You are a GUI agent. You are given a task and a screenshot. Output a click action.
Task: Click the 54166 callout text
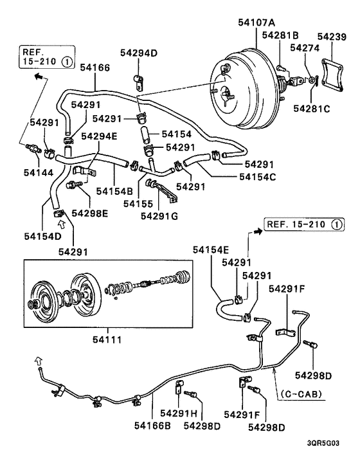[x=94, y=67]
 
